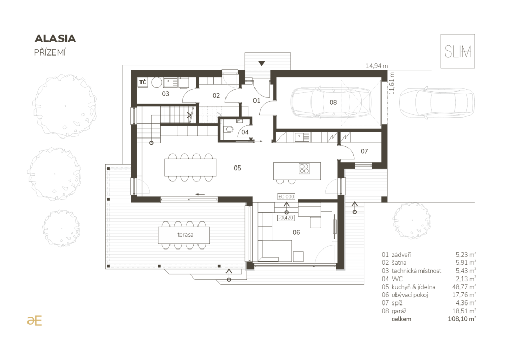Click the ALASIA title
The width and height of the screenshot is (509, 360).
55,38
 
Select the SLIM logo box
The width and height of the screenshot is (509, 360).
458,51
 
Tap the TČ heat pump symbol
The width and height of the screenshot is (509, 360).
143,82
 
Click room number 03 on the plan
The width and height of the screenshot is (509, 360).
165,94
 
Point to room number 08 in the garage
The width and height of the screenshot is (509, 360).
333,102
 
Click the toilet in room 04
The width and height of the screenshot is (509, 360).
229,130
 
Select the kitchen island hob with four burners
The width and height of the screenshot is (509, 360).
304,169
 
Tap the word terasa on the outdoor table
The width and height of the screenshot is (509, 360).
185,235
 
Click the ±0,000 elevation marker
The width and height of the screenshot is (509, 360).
286,197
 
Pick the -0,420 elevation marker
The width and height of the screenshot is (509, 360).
286,218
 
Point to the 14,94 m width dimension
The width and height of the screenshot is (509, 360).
377,66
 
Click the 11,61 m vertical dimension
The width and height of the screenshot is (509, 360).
392,84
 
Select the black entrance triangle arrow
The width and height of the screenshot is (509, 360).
262,63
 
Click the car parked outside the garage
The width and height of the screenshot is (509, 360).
437,102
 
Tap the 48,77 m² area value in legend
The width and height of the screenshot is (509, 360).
464,287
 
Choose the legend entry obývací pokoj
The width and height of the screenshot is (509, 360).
410,295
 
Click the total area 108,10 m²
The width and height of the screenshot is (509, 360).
462,319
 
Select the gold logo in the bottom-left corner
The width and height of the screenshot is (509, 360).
35,320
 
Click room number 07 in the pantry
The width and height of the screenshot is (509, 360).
364,151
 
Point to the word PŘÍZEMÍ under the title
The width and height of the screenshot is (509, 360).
50,52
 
